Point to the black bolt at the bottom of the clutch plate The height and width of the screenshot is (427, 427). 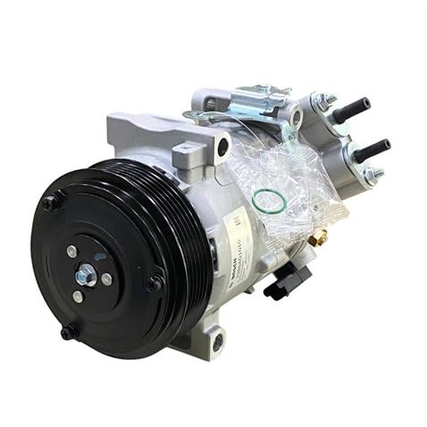[x=69, y=332]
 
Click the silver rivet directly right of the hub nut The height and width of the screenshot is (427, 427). [x=107, y=279]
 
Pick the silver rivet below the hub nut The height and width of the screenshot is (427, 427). [x=79, y=296]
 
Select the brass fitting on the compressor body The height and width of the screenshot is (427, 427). [x=319, y=238]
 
